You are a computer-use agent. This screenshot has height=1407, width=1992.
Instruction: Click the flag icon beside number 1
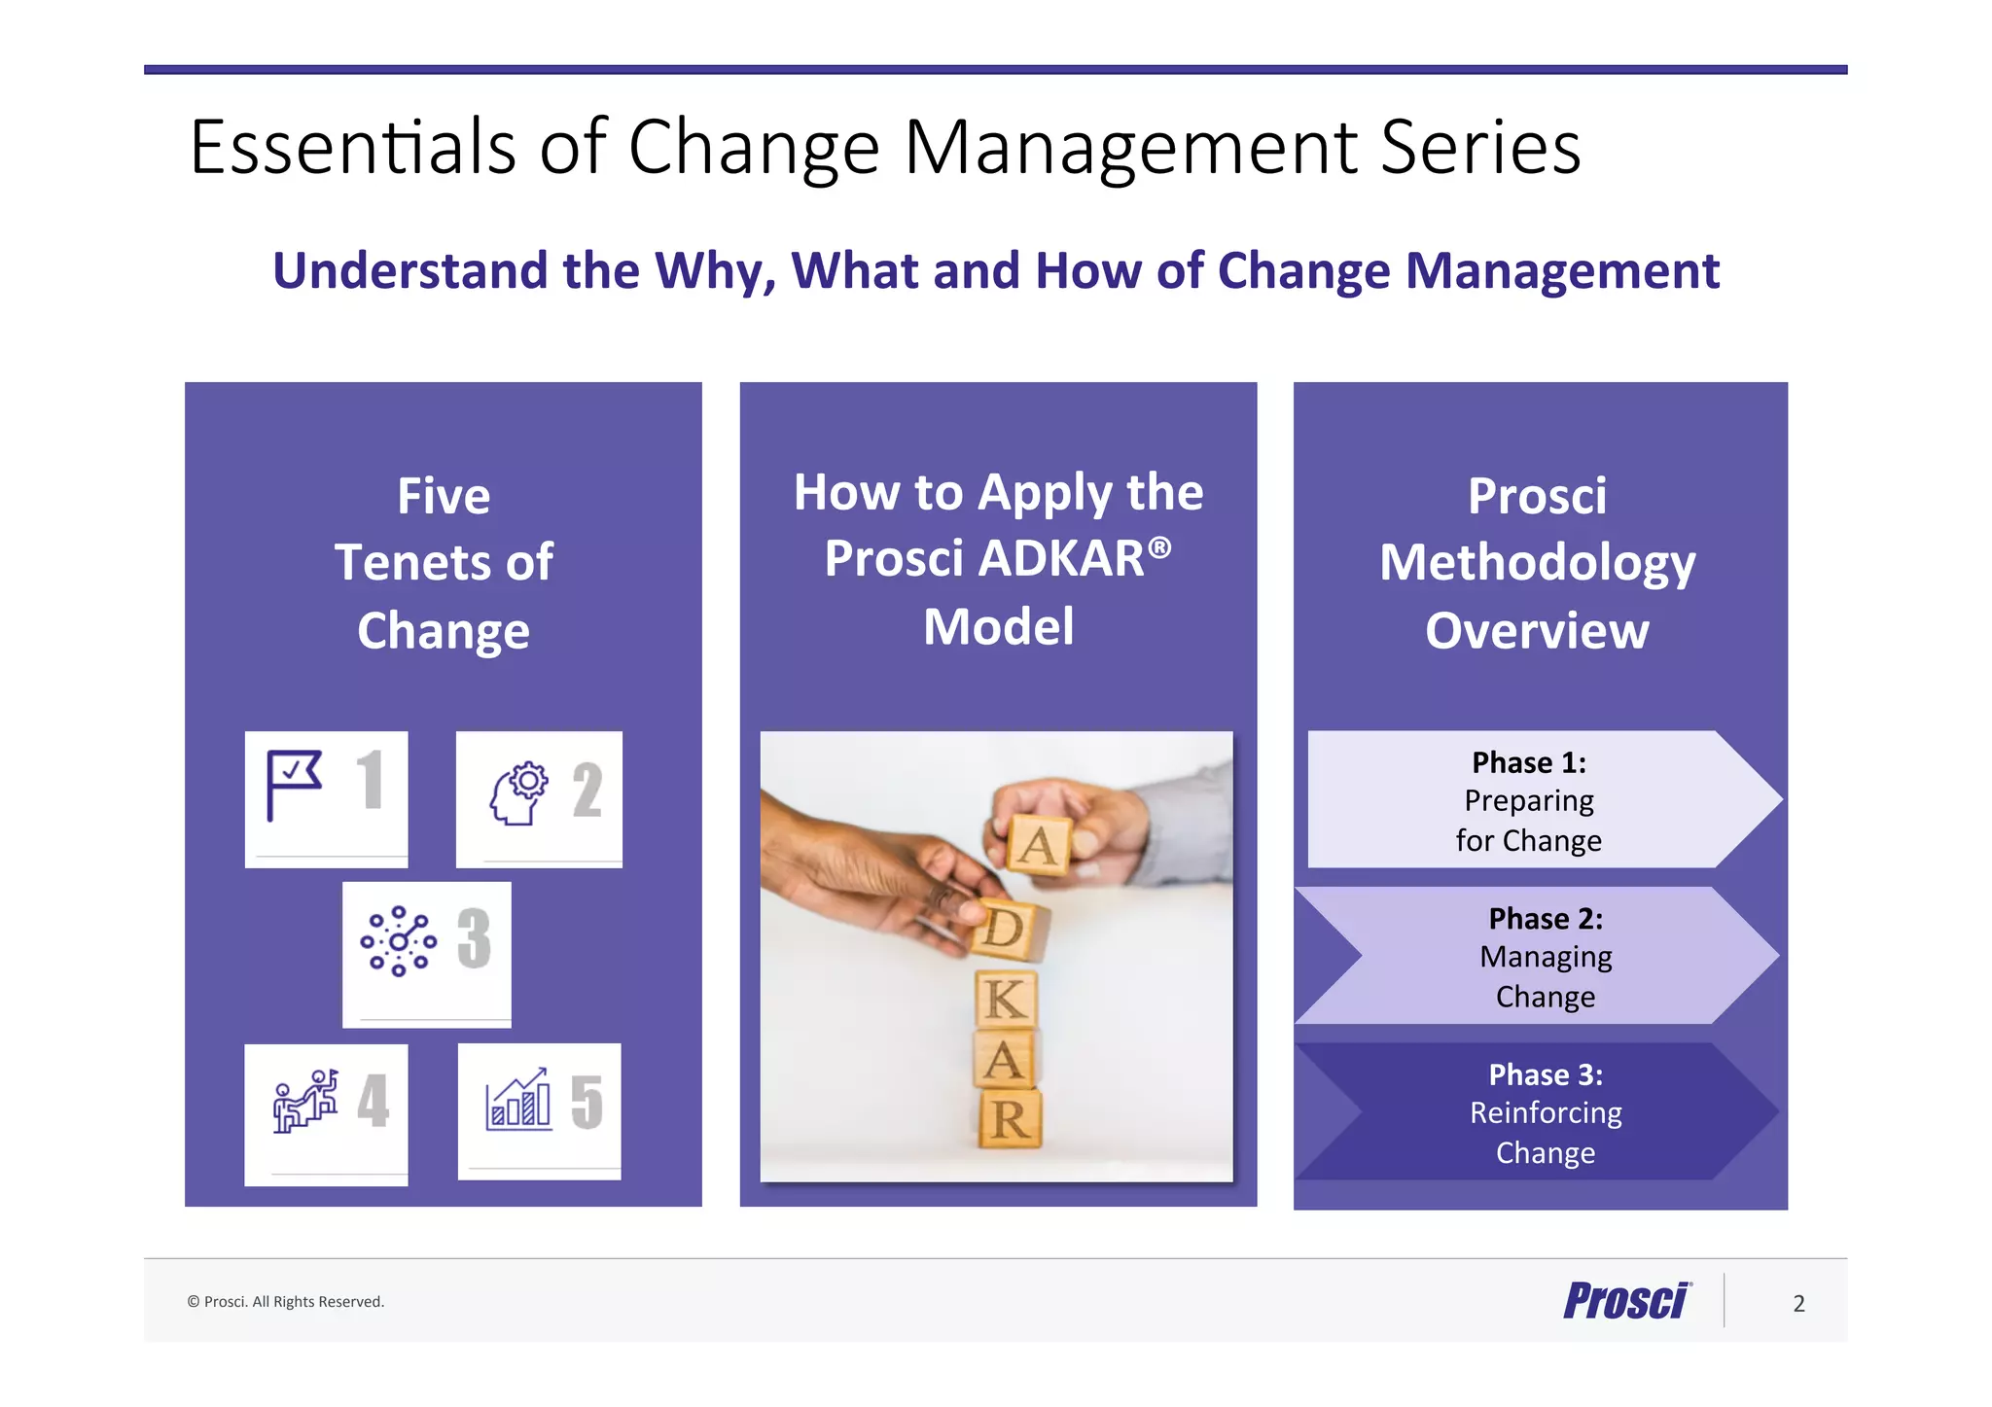(293, 784)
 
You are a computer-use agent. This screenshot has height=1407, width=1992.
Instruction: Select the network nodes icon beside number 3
(398, 941)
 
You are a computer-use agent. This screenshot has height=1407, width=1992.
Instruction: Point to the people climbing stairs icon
(306, 1102)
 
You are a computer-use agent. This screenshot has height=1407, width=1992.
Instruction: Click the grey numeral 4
(373, 1101)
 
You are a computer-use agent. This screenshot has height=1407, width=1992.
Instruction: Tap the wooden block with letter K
(1006, 999)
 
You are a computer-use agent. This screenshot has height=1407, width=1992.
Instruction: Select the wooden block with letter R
(1010, 1120)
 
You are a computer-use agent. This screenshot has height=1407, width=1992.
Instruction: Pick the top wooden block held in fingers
(1038, 844)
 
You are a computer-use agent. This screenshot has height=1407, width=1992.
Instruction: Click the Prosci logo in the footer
(1626, 1301)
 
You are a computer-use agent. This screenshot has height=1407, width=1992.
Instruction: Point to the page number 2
(1798, 1303)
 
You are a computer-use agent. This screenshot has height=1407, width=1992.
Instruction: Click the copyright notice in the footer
(286, 1302)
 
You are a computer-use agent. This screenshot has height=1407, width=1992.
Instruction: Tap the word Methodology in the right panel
(1537, 564)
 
